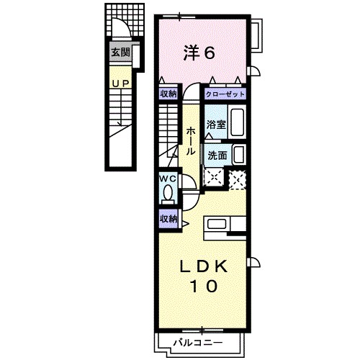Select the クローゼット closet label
225,94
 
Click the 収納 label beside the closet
168,94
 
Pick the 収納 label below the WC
168,218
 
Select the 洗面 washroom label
217,154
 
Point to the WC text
167,178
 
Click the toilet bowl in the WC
168,193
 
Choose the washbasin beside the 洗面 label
238,155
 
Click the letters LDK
203,267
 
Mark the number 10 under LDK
203,287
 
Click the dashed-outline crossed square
235,177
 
